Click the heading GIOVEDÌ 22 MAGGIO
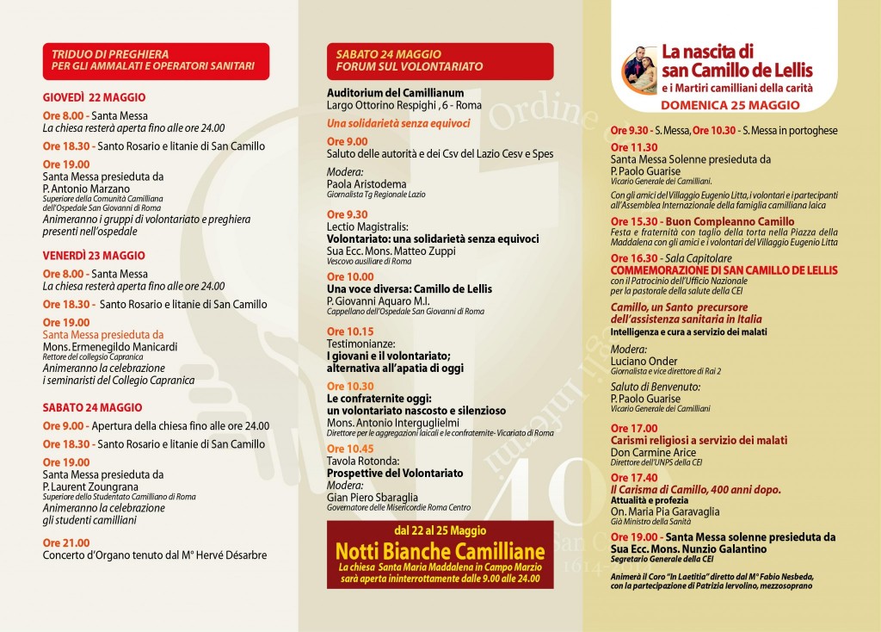point(95,97)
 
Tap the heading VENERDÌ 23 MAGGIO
point(95,255)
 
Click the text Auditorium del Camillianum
point(396,92)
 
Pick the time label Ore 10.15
point(350,331)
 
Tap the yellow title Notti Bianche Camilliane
point(440,550)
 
